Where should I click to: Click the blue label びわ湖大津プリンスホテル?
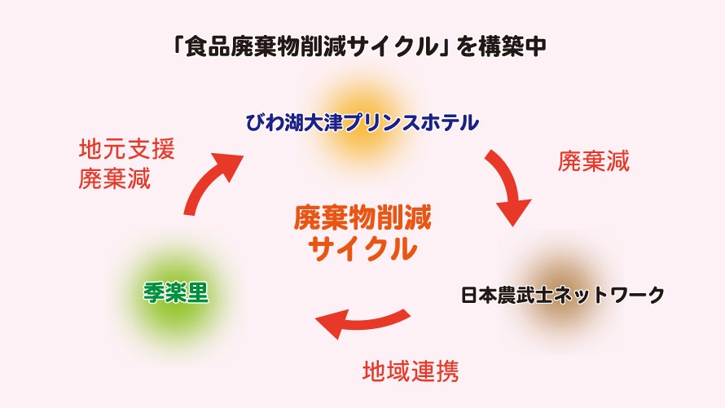click(x=362, y=124)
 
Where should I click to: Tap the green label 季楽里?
click(x=170, y=292)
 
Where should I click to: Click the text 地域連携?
click(x=411, y=371)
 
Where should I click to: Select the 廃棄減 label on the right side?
click(x=593, y=160)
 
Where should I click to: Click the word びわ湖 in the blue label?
click(x=273, y=124)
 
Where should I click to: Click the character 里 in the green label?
click(x=198, y=292)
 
